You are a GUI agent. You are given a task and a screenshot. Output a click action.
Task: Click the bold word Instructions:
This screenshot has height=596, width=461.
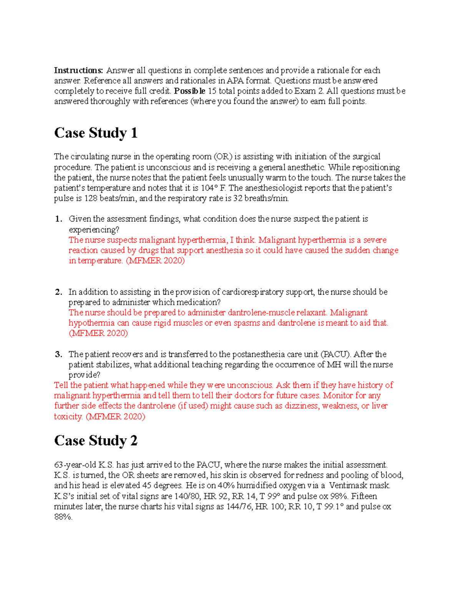78,71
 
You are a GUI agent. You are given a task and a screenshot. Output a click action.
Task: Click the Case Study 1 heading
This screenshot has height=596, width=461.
96,133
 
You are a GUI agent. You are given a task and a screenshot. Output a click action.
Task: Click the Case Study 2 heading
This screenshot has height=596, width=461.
96,441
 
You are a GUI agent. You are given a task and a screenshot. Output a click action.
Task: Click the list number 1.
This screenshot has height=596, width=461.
58,219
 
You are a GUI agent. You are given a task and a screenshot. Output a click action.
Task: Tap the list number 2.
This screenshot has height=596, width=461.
58,292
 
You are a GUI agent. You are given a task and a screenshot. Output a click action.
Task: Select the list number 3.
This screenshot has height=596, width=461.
58,354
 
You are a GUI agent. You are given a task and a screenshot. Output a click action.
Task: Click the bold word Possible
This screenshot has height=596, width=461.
189,91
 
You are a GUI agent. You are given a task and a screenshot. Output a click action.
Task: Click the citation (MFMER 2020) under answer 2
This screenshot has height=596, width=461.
98,333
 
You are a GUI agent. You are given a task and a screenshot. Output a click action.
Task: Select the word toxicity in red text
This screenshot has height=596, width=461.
68,417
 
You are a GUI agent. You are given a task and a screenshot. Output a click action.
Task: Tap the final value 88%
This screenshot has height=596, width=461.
63,517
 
